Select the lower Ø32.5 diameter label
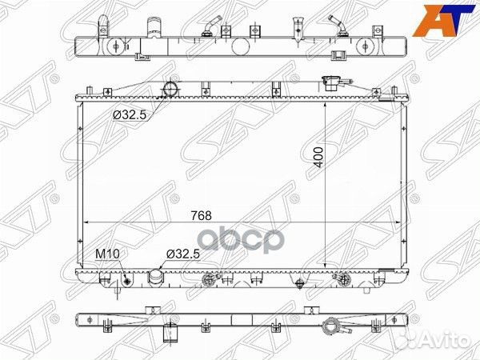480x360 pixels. click(182, 255)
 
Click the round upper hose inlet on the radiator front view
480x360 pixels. click(170, 87)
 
